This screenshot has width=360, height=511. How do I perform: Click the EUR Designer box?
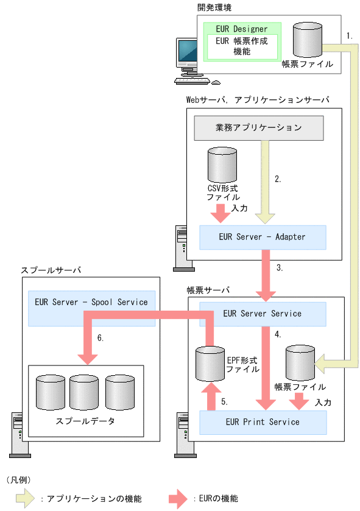coord(241,28)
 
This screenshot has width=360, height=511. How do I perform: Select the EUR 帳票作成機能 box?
coord(241,47)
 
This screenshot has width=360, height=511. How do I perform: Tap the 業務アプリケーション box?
coord(258,128)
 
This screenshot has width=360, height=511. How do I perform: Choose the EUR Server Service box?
coord(263,314)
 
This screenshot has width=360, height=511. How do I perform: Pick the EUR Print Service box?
coord(263,421)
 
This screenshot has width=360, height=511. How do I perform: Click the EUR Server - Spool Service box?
coord(91,301)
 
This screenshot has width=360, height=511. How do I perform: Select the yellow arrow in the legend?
coord(21,498)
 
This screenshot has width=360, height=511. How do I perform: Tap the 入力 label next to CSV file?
coord(239,208)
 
